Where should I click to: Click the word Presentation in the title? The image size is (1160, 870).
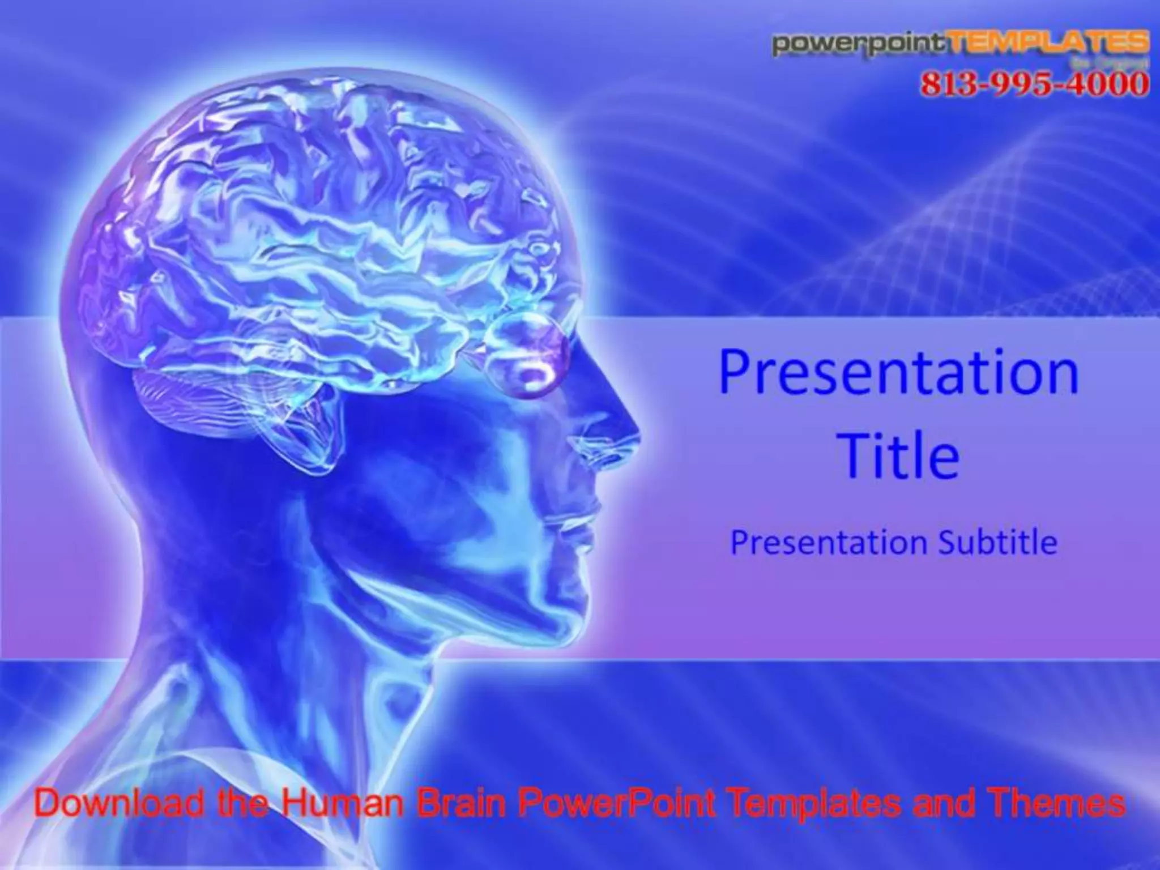pos(899,372)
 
